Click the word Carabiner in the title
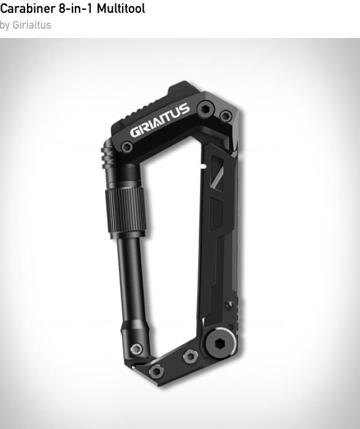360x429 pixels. click(28, 9)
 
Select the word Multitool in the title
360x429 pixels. click(121, 9)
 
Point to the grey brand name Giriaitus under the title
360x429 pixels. click(32, 25)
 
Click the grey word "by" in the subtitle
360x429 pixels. click(5, 26)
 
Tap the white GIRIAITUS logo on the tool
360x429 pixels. click(160, 120)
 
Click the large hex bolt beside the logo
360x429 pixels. click(205, 109)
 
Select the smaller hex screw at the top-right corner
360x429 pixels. click(226, 116)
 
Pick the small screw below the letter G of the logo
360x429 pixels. click(127, 147)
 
